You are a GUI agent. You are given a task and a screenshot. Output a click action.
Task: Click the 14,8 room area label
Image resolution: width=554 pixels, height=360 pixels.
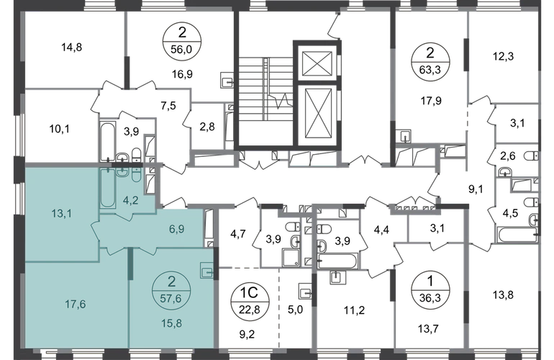point(72,47)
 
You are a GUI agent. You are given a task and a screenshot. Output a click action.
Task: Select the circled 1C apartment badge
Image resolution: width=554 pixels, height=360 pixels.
point(250,301)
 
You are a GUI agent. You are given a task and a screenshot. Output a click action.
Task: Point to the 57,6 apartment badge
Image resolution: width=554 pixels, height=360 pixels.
point(171,291)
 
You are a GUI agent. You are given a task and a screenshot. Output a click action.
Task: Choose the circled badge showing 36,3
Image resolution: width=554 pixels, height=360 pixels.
point(430,290)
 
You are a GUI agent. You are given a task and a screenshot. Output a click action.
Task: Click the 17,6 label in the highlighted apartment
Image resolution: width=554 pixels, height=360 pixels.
point(76,304)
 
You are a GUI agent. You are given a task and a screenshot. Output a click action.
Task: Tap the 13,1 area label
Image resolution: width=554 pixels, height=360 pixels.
point(61,213)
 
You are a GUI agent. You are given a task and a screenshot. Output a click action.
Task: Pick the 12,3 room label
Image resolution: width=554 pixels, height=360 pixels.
point(503,56)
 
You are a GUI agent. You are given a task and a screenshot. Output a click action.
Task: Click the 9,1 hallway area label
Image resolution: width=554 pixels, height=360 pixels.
point(476,189)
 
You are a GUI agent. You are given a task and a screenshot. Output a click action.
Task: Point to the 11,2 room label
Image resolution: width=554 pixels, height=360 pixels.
point(355,310)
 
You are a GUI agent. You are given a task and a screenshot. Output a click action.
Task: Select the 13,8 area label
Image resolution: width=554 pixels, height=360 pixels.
point(503,294)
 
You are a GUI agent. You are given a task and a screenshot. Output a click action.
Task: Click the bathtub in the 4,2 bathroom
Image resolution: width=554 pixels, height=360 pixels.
point(107,188)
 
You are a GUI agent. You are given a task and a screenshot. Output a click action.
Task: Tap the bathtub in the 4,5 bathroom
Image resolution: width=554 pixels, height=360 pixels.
point(517,235)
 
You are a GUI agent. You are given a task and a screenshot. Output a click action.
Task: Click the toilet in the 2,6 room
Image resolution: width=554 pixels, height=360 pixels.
point(532,156)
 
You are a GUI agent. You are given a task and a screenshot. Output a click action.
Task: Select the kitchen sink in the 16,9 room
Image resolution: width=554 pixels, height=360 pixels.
point(227,80)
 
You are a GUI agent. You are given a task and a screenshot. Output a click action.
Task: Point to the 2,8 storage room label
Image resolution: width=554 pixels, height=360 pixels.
point(207,127)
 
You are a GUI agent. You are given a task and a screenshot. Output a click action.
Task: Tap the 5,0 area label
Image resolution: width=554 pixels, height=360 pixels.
point(295,310)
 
